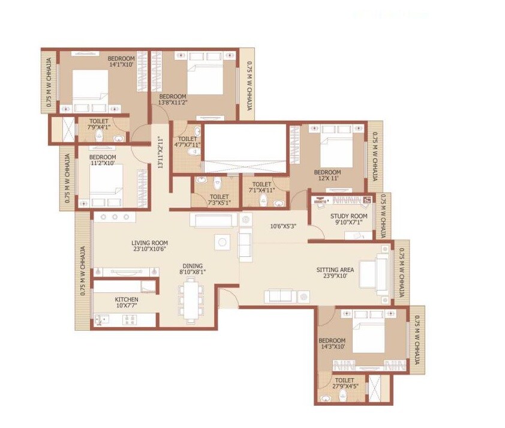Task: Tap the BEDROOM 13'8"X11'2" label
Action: pyautogui.click(x=172, y=100)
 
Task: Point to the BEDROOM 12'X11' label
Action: pyautogui.click(x=327, y=175)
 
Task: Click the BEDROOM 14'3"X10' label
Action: pyautogui.click(x=332, y=343)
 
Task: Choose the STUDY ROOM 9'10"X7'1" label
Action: pyautogui.click(x=348, y=220)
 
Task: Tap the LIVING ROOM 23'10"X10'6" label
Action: pyautogui.click(x=149, y=246)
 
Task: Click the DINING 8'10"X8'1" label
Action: pyautogui.click(x=193, y=269)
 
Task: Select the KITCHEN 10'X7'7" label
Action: pyautogui.click(x=127, y=303)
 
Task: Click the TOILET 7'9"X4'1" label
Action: pyautogui.click(x=99, y=124)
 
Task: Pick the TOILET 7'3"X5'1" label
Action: pyautogui.click(x=219, y=200)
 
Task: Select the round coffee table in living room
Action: pyautogui.click(x=222, y=243)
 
